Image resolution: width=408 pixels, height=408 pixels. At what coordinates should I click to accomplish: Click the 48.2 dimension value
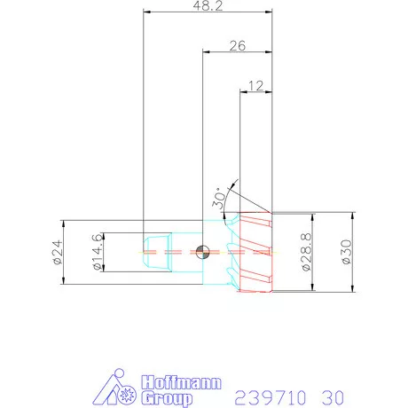tap(208, 6)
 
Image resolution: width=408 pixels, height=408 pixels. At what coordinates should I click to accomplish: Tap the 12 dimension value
tap(257, 86)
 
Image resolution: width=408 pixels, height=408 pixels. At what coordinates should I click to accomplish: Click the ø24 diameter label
tap(55, 253)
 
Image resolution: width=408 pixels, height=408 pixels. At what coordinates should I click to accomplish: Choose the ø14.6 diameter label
tap(94, 253)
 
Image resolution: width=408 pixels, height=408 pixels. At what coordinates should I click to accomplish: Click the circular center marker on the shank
tap(203, 252)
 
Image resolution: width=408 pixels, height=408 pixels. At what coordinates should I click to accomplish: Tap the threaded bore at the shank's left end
tap(155, 252)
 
